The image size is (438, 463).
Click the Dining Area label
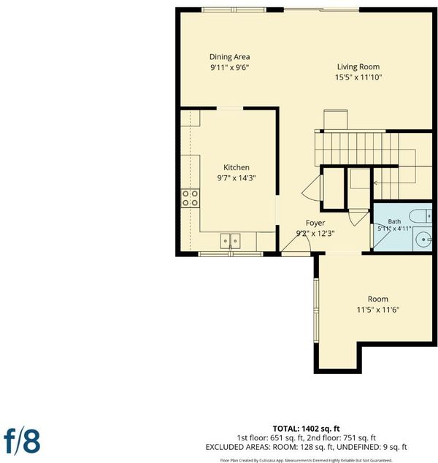point(230,57)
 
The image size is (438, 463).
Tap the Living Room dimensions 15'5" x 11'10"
point(358,77)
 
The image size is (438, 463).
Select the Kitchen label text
point(237,167)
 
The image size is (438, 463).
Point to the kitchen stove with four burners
point(190,198)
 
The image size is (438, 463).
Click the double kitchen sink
point(230,241)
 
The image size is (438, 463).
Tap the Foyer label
point(315,223)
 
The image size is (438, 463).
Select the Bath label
point(394,221)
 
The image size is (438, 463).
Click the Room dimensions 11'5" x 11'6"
point(378,310)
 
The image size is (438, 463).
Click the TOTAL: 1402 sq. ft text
point(306,429)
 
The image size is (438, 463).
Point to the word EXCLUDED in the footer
point(223,447)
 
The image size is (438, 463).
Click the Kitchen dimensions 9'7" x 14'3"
point(237,178)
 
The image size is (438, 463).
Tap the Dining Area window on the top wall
point(234,10)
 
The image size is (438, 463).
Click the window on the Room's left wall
point(316,310)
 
